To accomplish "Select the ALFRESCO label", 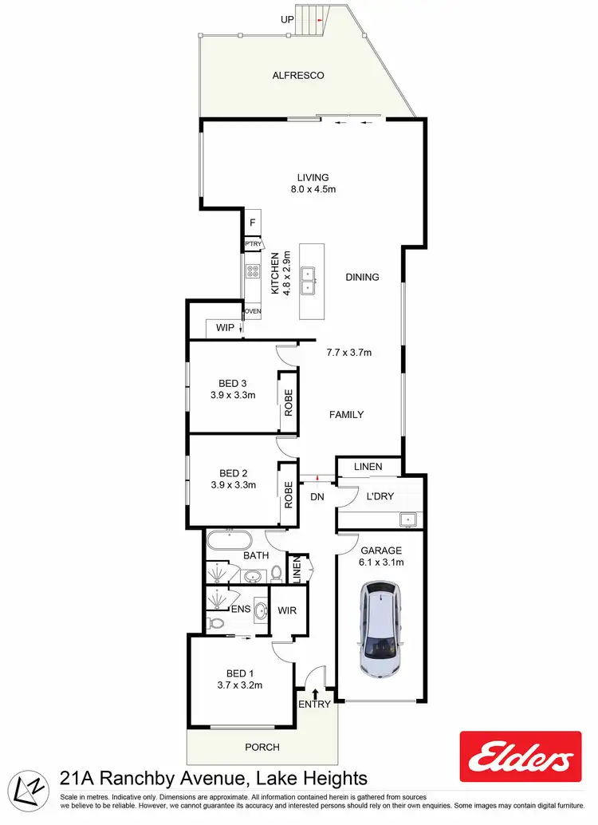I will coord(293,76).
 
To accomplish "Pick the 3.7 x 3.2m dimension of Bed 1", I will coord(239,685).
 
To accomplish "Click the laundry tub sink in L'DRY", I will coord(407,520).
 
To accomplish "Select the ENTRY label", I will coord(314,704).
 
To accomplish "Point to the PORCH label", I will coord(263,748).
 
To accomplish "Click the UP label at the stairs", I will coord(286,18).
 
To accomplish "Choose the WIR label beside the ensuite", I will coord(286,610).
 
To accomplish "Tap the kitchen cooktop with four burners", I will coord(253,270).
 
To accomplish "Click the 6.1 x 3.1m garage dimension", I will coord(381,562).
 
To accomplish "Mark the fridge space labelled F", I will coord(252,223).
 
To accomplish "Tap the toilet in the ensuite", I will coord(214,623).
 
